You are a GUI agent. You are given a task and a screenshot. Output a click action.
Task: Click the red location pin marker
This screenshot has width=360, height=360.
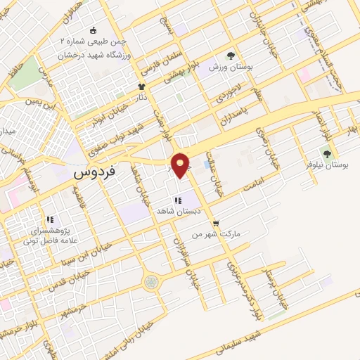tap(182, 165)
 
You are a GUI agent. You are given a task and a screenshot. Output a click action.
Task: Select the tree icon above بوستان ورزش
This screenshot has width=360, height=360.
tap(231, 56)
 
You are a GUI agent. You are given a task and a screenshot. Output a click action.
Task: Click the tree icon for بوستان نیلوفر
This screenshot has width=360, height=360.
tap(326, 152)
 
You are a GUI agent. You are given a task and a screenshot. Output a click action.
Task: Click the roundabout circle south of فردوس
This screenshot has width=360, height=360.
tap(151, 282)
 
